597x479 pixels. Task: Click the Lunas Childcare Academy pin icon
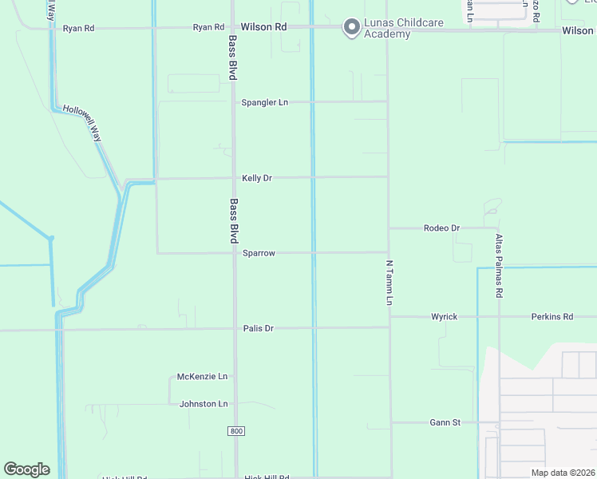pos(350,28)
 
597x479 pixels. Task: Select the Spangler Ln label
pos(265,103)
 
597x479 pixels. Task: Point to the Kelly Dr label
pos(257,178)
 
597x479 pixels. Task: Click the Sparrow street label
pos(259,253)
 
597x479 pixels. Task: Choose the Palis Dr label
pos(259,328)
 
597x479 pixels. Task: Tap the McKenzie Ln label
pos(202,376)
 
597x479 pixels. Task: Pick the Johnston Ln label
pos(204,404)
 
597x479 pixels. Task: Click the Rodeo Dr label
pos(441,228)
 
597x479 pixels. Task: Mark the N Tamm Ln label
pos(389,282)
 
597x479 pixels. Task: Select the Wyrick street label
pos(445,317)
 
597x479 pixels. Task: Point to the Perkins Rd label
pos(552,317)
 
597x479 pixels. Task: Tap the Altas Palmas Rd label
pos(499,266)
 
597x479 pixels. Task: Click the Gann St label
pos(445,422)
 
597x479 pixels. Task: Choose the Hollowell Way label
pos(83,123)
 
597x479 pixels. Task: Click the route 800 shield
pos(235,431)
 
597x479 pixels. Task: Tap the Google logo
pos(26,469)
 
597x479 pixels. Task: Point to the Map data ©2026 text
pos(563,473)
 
